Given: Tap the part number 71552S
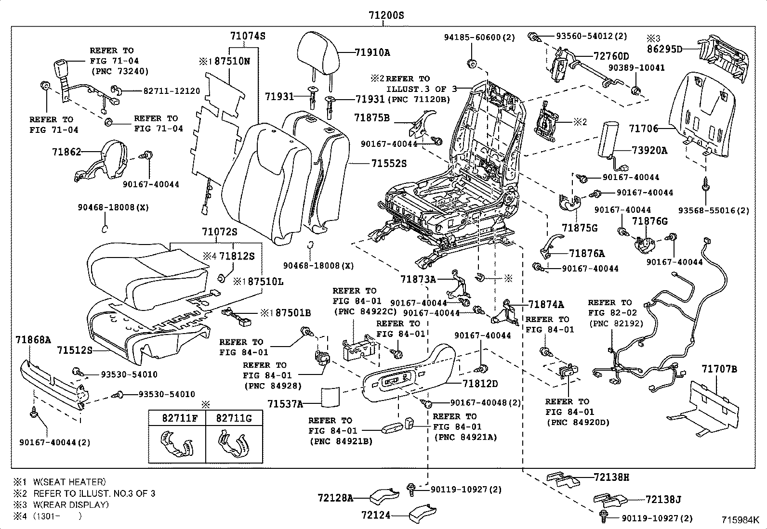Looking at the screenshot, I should point(389,164).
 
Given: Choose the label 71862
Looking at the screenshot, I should point(66,152).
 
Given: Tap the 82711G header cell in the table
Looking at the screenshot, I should point(234,418).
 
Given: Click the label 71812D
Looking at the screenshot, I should point(480,384).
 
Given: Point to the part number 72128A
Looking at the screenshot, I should point(335,498).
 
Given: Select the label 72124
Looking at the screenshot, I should point(376,515).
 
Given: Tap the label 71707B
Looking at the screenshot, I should point(719,369).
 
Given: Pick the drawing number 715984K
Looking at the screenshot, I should point(740,520).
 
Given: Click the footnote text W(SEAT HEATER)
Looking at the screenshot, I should point(69,482).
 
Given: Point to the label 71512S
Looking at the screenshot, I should point(74,350).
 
